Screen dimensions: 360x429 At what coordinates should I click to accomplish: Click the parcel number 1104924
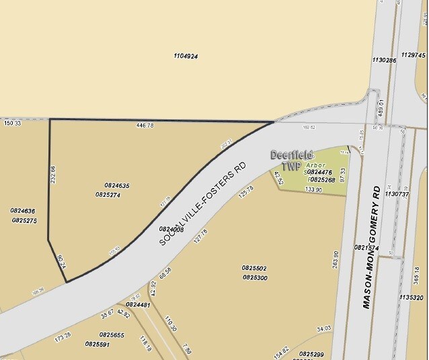pyautogui.click(x=185, y=56)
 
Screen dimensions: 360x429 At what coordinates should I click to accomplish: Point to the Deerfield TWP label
pyautogui.click(x=291, y=159)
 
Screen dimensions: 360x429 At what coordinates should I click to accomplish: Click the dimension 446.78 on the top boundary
pyautogui.click(x=145, y=125)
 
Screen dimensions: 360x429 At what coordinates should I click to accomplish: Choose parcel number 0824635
pyautogui.click(x=116, y=185)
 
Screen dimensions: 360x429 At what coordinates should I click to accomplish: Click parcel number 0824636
pyautogui.click(x=22, y=211)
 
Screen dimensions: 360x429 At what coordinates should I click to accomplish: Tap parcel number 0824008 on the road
pyautogui.click(x=171, y=229)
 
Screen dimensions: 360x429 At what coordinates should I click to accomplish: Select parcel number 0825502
pyautogui.click(x=254, y=267)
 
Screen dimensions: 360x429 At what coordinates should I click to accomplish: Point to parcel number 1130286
pyautogui.click(x=383, y=60)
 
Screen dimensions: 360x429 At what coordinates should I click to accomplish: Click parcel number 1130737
pyautogui.click(x=397, y=194)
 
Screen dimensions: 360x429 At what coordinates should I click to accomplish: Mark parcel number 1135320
pyautogui.click(x=411, y=297)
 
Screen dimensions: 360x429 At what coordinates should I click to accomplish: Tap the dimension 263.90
pyautogui.click(x=336, y=259)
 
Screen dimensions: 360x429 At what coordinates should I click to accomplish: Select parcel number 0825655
pyautogui.click(x=112, y=334)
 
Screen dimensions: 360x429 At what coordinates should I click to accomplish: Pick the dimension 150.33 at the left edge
pyautogui.click(x=13, y=124)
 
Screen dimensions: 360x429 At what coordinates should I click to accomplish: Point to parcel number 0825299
pyautogui.click(x=311, y=354)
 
